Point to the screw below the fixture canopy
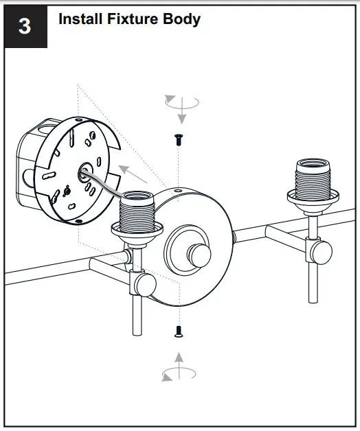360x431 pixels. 178,331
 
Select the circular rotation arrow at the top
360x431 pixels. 180,103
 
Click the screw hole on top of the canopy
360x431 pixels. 177,189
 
